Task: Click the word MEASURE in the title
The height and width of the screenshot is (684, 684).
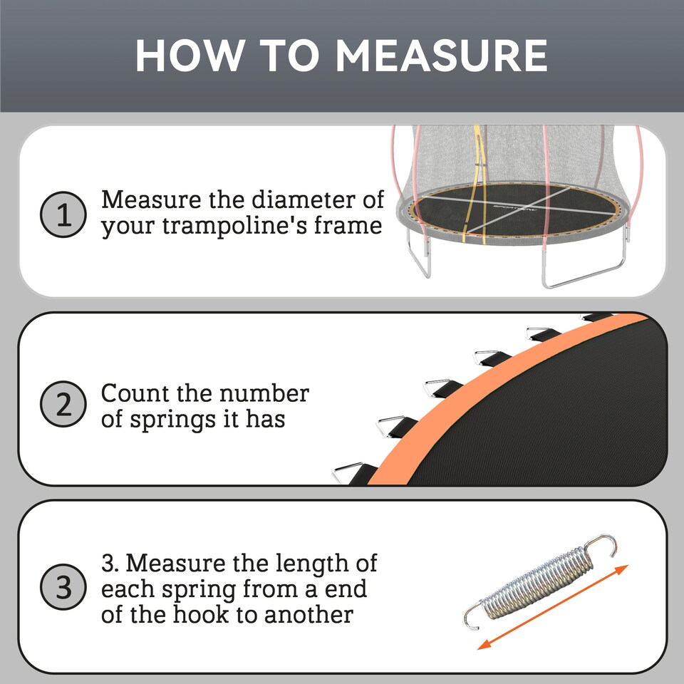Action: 442,56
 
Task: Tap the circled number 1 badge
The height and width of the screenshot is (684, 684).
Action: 64,214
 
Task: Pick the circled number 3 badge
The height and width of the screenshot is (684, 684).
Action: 64,587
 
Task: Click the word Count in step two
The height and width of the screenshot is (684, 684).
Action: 135,393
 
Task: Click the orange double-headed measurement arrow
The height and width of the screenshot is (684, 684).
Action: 553,607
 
